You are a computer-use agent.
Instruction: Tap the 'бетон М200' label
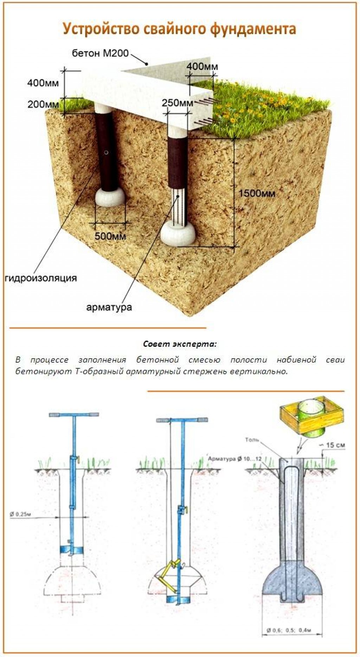click(x=101, y=53)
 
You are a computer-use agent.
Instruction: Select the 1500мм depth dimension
click(x=257, y=193)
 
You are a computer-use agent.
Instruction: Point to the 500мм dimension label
click(x=110, y=236)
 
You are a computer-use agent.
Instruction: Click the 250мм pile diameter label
click(x=178, y=103)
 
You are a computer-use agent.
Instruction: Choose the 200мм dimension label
click(x=43, y=104)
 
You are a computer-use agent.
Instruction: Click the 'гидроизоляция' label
click(x=41, y=278)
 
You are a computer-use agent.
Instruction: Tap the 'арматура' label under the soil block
click(x=109, y=307)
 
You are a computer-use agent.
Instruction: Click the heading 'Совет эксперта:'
click(x=180, y=344)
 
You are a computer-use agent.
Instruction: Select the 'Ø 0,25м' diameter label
click(x=20, y=515)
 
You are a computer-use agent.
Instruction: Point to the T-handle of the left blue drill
click(x=74, y=414)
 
